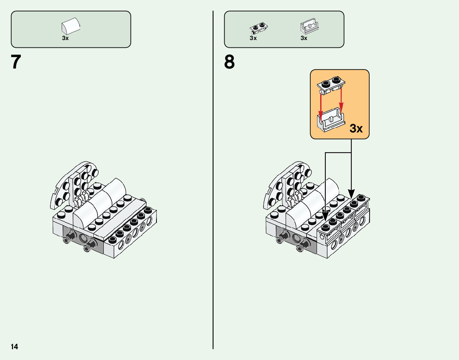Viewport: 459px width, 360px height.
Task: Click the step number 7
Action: (x=16, y=62)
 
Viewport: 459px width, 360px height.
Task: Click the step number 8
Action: (x=229, y=62)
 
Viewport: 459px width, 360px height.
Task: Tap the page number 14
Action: (x=14, y=347)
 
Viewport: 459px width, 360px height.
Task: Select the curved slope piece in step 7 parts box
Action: (x=71, y=26)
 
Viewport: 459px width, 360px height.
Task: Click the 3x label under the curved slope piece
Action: (x=65, y=39)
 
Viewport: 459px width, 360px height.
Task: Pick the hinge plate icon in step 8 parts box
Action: (x=259, y=27)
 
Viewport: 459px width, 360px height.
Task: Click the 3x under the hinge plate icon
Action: (x=253, y=38)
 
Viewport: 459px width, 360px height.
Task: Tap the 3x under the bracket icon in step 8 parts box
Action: (x=304, y=38)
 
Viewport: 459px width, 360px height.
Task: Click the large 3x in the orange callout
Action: (x=356, y=129)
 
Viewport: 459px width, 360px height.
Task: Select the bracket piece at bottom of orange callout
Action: (x=330, y=120)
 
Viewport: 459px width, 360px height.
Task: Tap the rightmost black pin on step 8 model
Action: (x=303, y=245)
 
